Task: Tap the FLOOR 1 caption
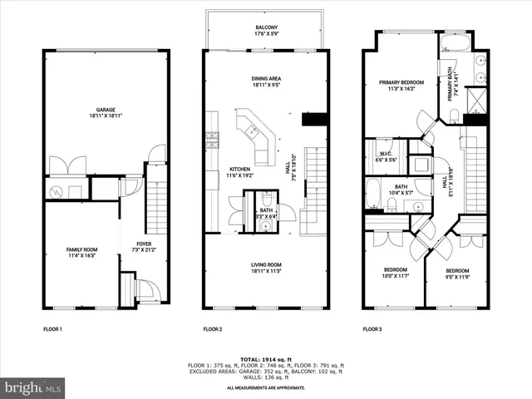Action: tap(52, 329)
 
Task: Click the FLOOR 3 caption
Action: tap(372, 329)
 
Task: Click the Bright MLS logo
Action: tap(33, 387)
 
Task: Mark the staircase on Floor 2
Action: tap(315, 187)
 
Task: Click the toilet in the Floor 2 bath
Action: tap(265, 200)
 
